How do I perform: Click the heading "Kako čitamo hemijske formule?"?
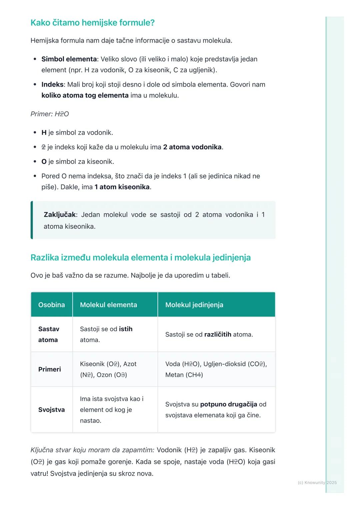pos(92,23)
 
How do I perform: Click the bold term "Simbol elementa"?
pos(69,59)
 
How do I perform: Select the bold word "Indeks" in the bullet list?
pos(52,84)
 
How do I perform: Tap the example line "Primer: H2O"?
pos(50,114)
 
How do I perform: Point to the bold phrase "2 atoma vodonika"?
pos(192,147)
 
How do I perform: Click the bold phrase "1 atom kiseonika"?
pos(122,187)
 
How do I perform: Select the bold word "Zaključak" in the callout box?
pos(60,215)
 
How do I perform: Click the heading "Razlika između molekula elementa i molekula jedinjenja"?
pos(140,257)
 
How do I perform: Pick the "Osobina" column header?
pos(52,305)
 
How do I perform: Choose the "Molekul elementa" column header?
pos(108,305)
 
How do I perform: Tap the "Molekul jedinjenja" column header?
pos(194,305)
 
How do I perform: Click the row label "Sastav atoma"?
pos(49,334)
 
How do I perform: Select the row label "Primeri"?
pos(50,369)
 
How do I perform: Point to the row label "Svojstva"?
pos(52,409)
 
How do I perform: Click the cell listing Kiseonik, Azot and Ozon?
pos(108,369)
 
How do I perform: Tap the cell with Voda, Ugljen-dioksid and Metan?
pos(216,369)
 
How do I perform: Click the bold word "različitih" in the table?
pos(218,334)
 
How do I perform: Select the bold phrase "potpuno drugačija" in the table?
pos(229,404)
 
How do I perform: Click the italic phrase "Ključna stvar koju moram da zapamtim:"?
pos(92,450)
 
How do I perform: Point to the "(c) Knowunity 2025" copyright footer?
pos(317,482)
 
